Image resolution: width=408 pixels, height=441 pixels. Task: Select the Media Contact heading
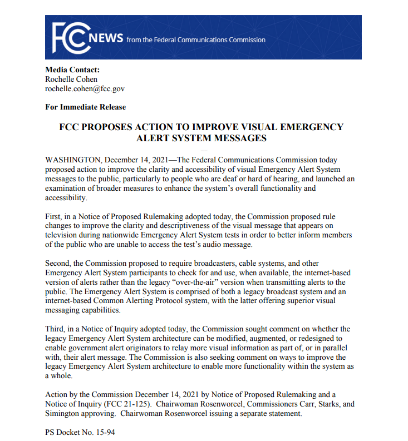click(x=72, y=70)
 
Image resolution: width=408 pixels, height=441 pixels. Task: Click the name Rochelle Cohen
click(x=71, y=79)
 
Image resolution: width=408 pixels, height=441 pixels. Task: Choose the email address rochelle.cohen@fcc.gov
click(x=85, y=88)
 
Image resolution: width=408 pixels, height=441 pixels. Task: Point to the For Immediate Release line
click(x=85, y=107)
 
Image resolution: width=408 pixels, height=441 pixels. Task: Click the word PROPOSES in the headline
click(x=114, y=127)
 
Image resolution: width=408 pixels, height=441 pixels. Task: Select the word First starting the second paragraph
click(x=53, y=216)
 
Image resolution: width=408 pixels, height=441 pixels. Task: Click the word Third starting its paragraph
click(x=55, y=329)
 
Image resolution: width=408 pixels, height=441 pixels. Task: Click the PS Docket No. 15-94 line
click(x=80, y=432)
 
